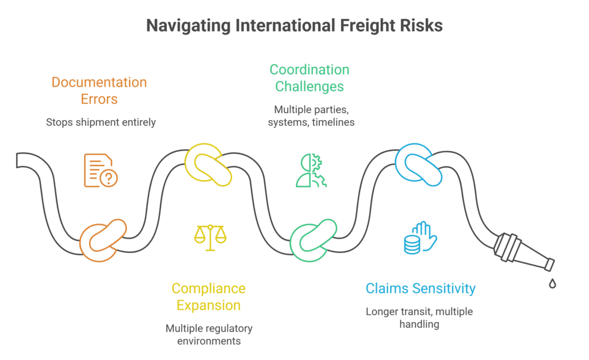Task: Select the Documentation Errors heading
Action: click(99, 90)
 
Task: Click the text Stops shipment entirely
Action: click(101, 122)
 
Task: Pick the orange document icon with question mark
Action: click(100, 170)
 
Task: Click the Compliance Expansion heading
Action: click(208, 296)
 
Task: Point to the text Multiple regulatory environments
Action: click(209, 334)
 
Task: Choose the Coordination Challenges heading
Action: click(309, 78)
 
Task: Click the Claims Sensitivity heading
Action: click(420, 288)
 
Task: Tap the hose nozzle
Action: click(522, 252)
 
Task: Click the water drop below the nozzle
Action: click(552, 284)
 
